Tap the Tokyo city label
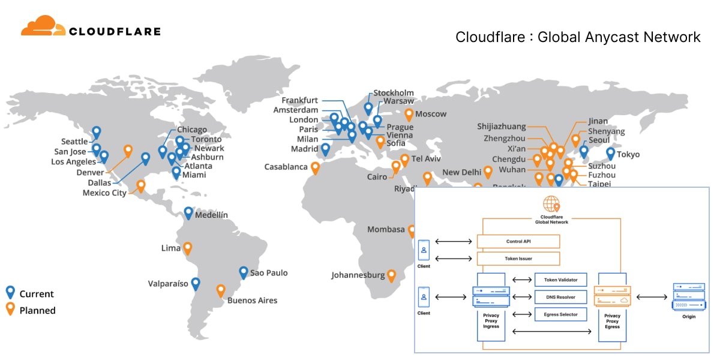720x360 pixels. pos(628,154)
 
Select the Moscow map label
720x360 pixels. pos(431,114)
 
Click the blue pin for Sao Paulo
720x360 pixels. pos(244,272)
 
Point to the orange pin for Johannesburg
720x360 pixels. pos(391,275)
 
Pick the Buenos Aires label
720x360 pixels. pos(252,301)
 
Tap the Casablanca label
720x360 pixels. pos(286,167)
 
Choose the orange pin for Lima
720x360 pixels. pos(188,247)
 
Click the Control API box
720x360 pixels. pos(518,241)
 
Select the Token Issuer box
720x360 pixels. pos(518,259)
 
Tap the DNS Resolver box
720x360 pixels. pos(560,297)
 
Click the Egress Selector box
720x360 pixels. pos(560,314)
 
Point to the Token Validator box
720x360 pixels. pos(560,280)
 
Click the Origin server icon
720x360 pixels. pos(688,297)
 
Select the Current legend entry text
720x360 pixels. pos(37,294)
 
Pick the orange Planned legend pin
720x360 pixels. pos(10,310)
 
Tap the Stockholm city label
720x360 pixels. pos(394,93)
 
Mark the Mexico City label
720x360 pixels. pos(104,193)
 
